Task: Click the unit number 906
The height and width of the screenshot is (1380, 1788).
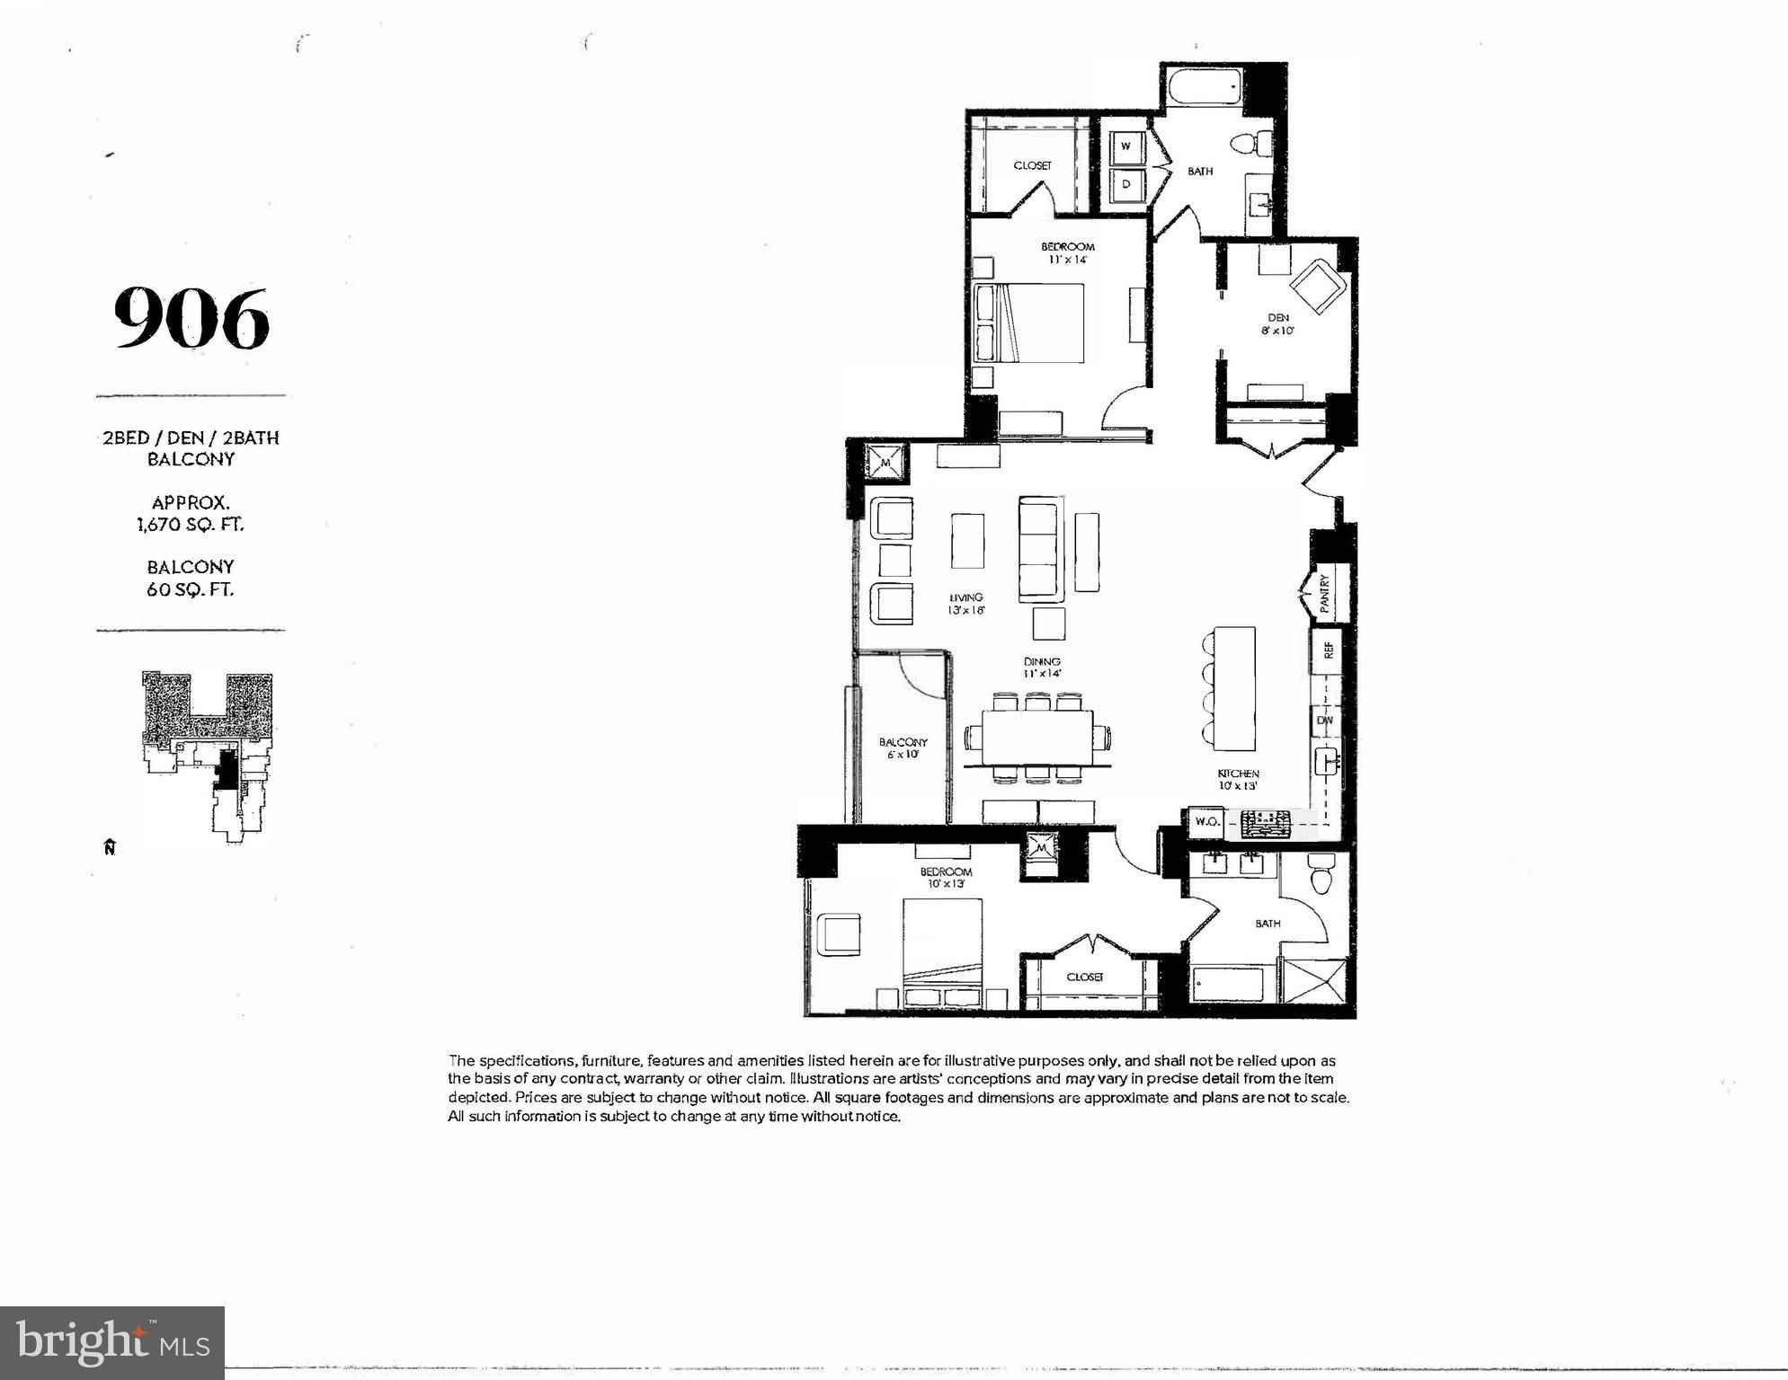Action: [x=191, y=318]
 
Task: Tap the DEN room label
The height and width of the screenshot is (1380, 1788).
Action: [x=1278, y=317]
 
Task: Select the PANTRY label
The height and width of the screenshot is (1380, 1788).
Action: [x=1324, y=594]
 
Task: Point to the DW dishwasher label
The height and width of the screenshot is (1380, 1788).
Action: [x=1324, y=721]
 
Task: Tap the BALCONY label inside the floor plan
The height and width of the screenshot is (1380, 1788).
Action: [x=903, y=742]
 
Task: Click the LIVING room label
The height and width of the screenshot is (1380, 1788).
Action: [x=966, y=597]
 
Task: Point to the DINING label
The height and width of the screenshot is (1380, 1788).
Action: [x=1043, y=661]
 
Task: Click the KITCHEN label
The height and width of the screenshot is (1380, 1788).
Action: [x=1238, y=774]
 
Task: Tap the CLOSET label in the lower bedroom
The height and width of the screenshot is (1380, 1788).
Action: [x=1084, y=977]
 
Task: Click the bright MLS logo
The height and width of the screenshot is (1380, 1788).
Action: [x=112, y=1343]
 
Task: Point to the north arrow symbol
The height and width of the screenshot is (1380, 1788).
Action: [x=110, y=846]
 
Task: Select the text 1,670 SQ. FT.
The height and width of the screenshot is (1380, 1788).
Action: [x=191, y=524]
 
